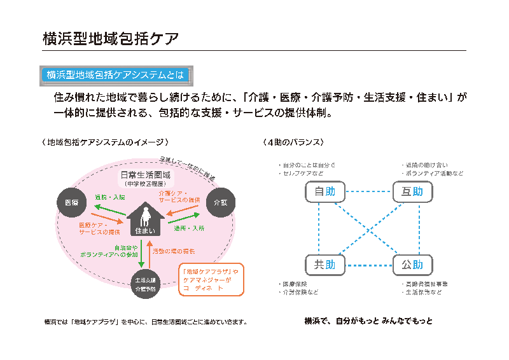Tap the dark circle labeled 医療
coord(71,202)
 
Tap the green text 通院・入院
coord(109,197)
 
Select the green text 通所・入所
coord(189,227)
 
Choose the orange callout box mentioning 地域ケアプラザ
coord(211,279)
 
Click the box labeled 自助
coord(324,191)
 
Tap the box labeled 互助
coord(412,191)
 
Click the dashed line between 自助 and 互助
coord(368,191)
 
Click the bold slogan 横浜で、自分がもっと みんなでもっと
coord(368,321)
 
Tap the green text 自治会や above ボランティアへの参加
coord(125,247)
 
